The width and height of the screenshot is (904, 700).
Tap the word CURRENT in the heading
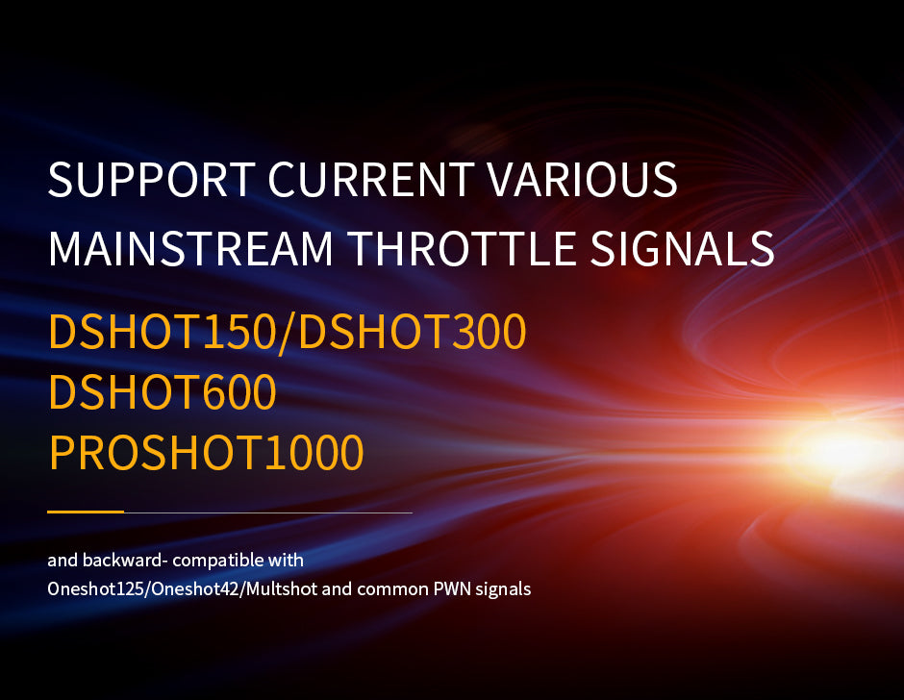click(371, 179)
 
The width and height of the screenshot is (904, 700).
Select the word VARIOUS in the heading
click(582, 179)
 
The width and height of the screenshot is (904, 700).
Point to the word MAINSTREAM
click(191, 248)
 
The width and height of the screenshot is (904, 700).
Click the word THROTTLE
click(462, 248)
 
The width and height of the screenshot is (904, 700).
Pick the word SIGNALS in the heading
click(682, 248)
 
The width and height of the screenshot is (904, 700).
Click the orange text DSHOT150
click(163, 332)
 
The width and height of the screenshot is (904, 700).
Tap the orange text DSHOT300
click(413, 332)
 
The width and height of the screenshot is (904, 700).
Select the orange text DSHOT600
click(163, 391)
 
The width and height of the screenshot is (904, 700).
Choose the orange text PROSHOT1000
click(207, 452)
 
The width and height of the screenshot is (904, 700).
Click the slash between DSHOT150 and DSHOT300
click(288, 333)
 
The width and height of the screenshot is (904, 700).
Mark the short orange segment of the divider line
click(86, 512)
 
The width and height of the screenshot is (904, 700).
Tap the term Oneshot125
click(97, 589)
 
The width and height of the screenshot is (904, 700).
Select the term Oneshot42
click(195, 589)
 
